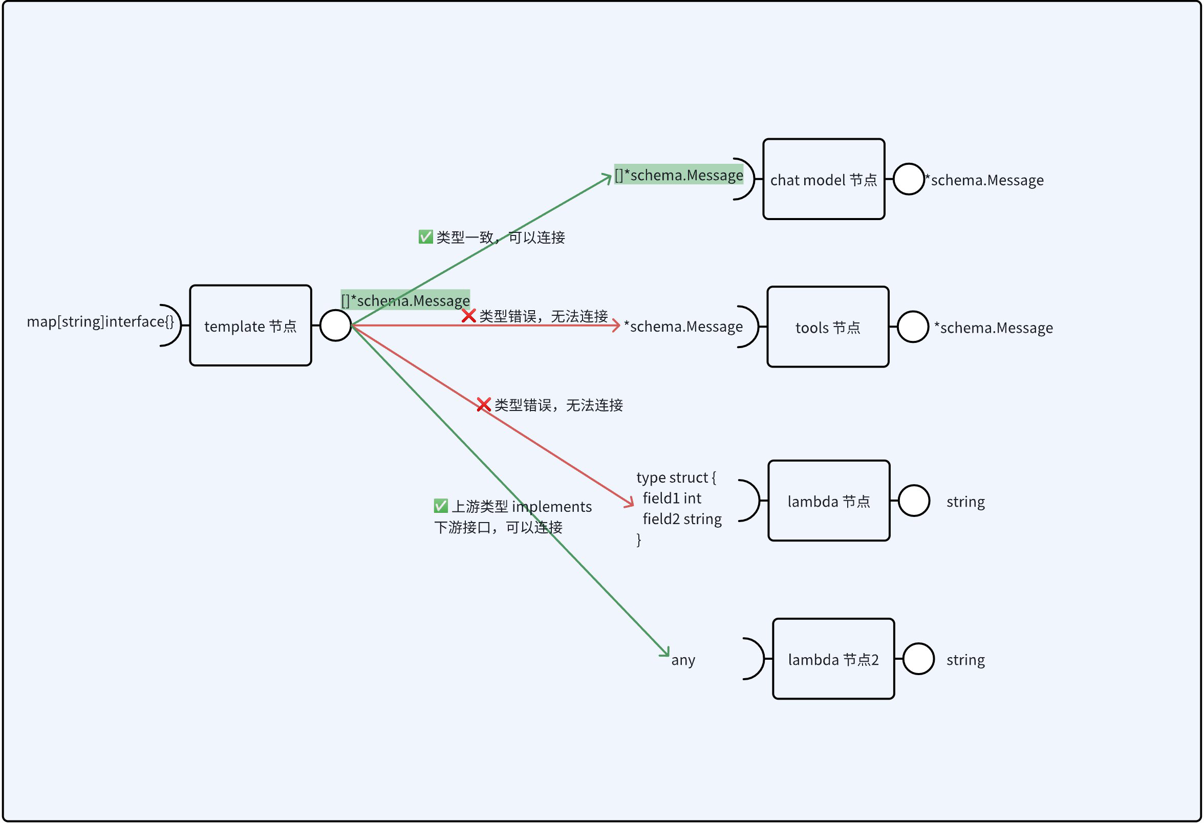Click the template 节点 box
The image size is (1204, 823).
click(x=250, y=326)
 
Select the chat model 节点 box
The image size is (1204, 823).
click(x=824, y=179)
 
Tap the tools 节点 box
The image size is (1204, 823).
click(x=828, y=328)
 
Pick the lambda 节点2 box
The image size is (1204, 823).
click(x=833, y=659)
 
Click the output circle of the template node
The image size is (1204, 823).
click(x=336, y=326)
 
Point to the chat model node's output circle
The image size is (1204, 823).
click(x=909, y=179)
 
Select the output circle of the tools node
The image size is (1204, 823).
click(x=913, y=328)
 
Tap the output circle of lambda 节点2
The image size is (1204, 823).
click(x=918, y=659)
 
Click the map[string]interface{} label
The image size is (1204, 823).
click(x=100, y=321)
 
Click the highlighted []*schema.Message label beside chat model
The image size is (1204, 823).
click(x=679, y=175)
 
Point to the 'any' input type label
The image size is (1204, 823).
click(x=683, y=660)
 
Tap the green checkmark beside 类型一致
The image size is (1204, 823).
click(x=426, y=237)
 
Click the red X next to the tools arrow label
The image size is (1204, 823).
click(x=469, y=316)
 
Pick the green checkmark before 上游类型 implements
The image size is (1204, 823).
click(x=441, y=506)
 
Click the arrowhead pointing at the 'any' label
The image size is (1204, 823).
click(x=665, y=653)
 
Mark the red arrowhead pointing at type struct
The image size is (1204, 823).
click(x=630, y=503)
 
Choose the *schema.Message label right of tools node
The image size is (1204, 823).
click(x=993, y=328)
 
